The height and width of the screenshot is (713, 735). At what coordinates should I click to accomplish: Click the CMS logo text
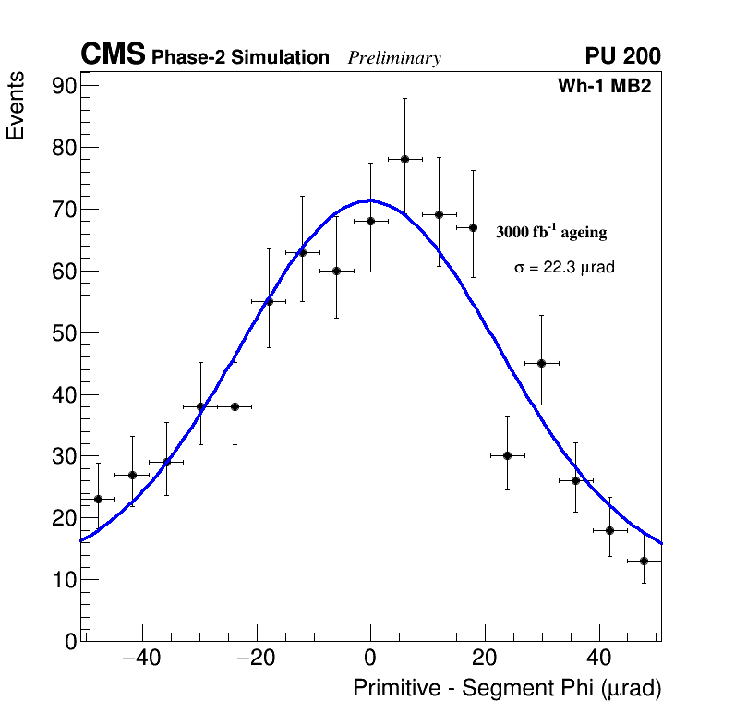[113, 55]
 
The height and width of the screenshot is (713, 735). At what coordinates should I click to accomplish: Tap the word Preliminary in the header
[394, 58]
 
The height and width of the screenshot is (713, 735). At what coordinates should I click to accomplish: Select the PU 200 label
[622, 56]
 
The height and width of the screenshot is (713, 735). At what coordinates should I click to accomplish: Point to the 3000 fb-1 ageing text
[551, 232]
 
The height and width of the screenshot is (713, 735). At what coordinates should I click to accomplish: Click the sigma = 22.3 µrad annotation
[564, 268]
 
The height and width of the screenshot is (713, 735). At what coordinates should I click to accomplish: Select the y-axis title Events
[16, 107]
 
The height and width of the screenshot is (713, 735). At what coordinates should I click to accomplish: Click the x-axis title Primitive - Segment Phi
[507, 689]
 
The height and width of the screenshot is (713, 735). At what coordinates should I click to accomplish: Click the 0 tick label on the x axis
[370, 659]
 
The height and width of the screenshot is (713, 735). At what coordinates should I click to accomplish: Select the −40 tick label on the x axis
[141, 659]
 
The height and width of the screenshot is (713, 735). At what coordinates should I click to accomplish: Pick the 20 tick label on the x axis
[485, 659]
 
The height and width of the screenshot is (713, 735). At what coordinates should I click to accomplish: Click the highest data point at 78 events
[404, 159]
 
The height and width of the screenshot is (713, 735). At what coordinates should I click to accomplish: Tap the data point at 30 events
[507, 455]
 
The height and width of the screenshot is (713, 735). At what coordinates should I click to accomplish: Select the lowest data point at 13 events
[644, 561]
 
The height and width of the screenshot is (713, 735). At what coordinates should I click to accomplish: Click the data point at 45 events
[541, 363]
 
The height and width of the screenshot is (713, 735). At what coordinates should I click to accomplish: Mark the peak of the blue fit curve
[369, 200]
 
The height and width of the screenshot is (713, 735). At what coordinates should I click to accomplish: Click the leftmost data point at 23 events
[98, 499]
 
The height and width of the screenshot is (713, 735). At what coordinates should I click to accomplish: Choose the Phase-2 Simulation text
[240, 58]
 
